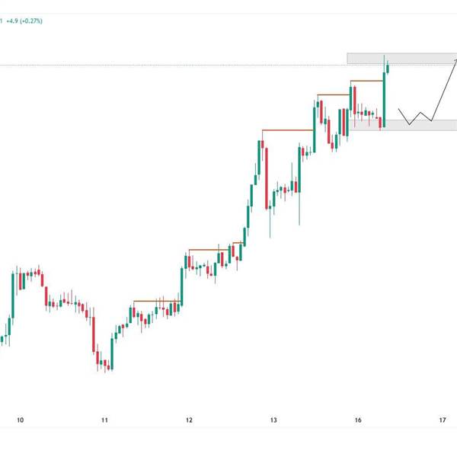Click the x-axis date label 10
coord(21,420)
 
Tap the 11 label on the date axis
coord(105,420)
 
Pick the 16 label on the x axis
coord(358,420)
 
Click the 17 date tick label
coord(443,420)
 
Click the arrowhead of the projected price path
coord(455,60)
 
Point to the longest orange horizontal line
coord(287,131)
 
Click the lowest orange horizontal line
coord(156,302)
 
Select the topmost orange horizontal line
coord(366,80)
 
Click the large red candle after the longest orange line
coord(267,176)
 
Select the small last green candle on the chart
coord(389,68)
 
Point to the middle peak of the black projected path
coord(420,113)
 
